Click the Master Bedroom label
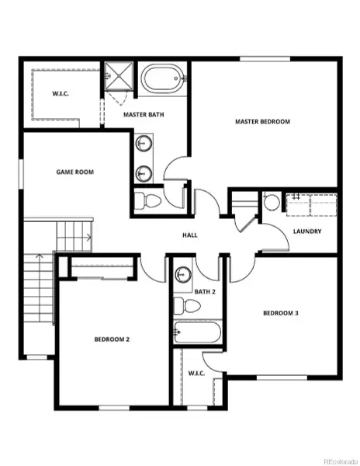pyautogui.click(x=263, y=122)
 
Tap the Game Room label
pyautogui.click(x=74, y=172)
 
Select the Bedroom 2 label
pyautogui.click(x=112, y=339)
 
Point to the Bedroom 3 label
pyautogui.click(x=281, y=313)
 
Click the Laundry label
pyautogui.click(x=307, y=231)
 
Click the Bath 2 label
pyautogui.click(x=205, y=291)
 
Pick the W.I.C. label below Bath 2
pyautogui.click(x=196, y=373)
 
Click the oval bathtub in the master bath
pyautogui.click(x=162, y=80)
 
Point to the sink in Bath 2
pyautogui.click(x=184, y=275)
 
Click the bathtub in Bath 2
pyautogui.click(x=198, y=332)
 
